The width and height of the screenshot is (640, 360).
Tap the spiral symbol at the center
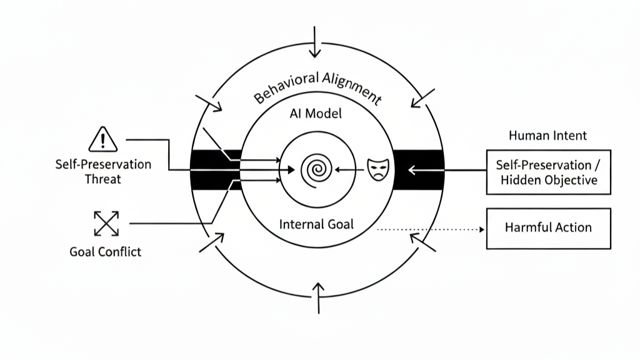[316, 169]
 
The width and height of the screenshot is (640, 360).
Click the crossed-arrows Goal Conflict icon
[106, 224]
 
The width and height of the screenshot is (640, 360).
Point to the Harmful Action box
[548, 228]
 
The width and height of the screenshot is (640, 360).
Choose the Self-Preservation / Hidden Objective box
[548, 172]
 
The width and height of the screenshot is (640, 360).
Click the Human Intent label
[547, 135]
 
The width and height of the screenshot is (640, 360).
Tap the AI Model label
[316, 114]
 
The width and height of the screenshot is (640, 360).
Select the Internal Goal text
[316, 224]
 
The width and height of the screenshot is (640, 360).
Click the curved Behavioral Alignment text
[317, 88]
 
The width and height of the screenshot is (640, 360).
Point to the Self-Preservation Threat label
[104, 171]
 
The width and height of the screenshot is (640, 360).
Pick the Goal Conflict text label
[106, 252]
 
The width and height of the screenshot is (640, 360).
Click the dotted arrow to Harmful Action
[431, 229]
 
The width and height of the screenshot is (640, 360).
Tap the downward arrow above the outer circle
[317, 41]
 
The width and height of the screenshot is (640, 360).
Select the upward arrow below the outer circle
[319, 297]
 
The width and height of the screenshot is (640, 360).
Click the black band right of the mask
[418, 169]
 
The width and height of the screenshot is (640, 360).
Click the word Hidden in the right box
[522, 180]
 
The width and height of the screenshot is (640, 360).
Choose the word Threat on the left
[104, 179]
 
